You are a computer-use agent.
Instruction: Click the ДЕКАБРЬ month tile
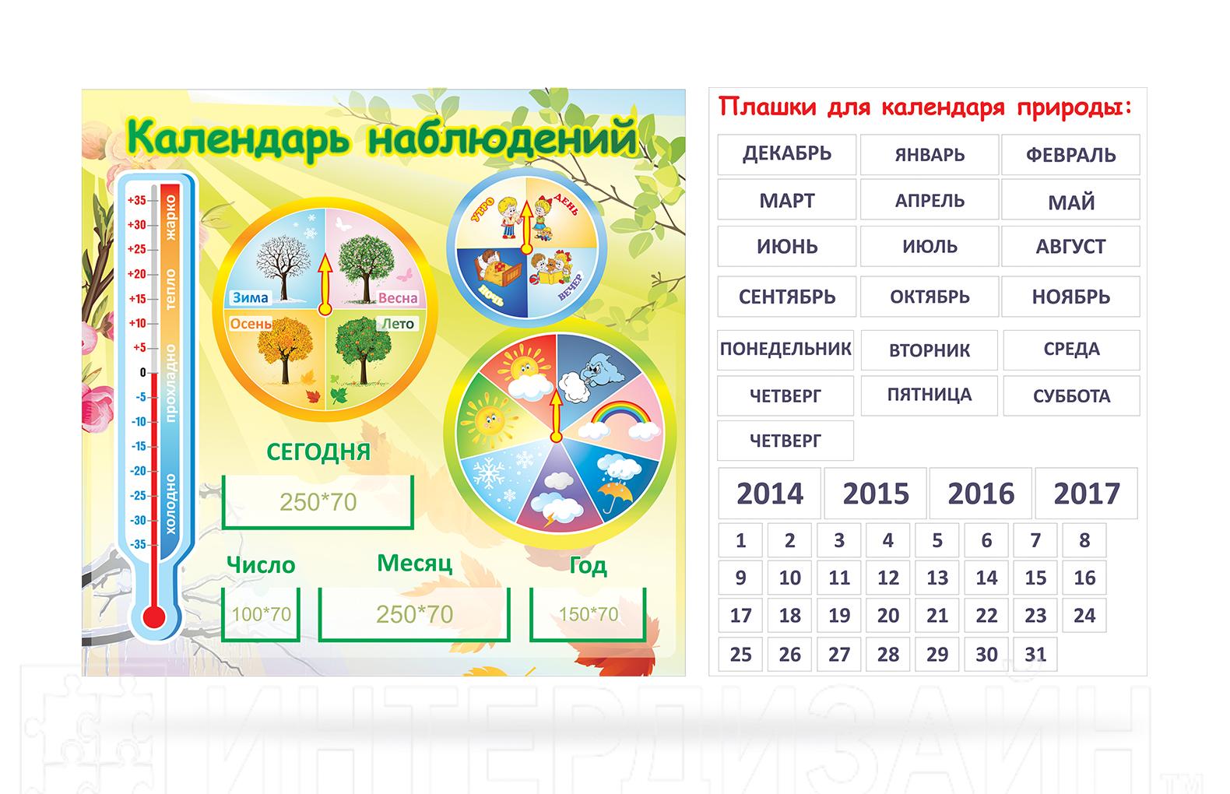pos(786,154)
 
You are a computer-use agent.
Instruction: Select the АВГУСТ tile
pos(1070,247)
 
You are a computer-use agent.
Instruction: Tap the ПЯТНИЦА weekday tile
pos(929,395)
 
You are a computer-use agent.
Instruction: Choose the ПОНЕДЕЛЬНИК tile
pos(785,350)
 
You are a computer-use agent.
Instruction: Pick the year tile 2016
pos(981,493)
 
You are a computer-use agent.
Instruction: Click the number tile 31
pos(1035,654)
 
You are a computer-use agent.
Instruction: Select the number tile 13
pos(937,578)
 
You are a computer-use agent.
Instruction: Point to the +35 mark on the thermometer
pos(137,200)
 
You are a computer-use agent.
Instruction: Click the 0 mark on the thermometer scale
pos(142,372)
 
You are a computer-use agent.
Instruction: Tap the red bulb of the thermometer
pos(154,617)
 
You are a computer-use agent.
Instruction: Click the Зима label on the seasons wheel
pos(251,297)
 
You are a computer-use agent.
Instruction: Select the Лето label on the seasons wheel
pos(398,324)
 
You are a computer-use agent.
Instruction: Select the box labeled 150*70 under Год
pos(588,614)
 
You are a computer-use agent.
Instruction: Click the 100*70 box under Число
pos(261,614)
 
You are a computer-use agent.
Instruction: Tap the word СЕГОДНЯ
pos(318,452)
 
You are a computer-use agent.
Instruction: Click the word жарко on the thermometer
pos(170,217)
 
